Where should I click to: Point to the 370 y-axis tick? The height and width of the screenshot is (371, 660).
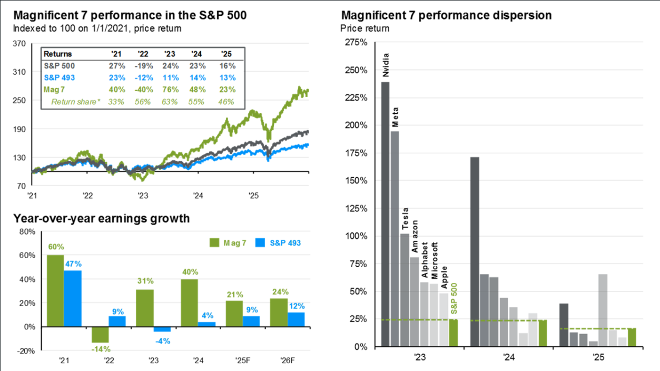point(19,44)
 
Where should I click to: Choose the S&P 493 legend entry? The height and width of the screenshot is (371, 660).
point(279,242)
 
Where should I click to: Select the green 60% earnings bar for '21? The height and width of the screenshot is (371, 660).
point(55,290)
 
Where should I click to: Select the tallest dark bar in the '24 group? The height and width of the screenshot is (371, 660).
point(475,252)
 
